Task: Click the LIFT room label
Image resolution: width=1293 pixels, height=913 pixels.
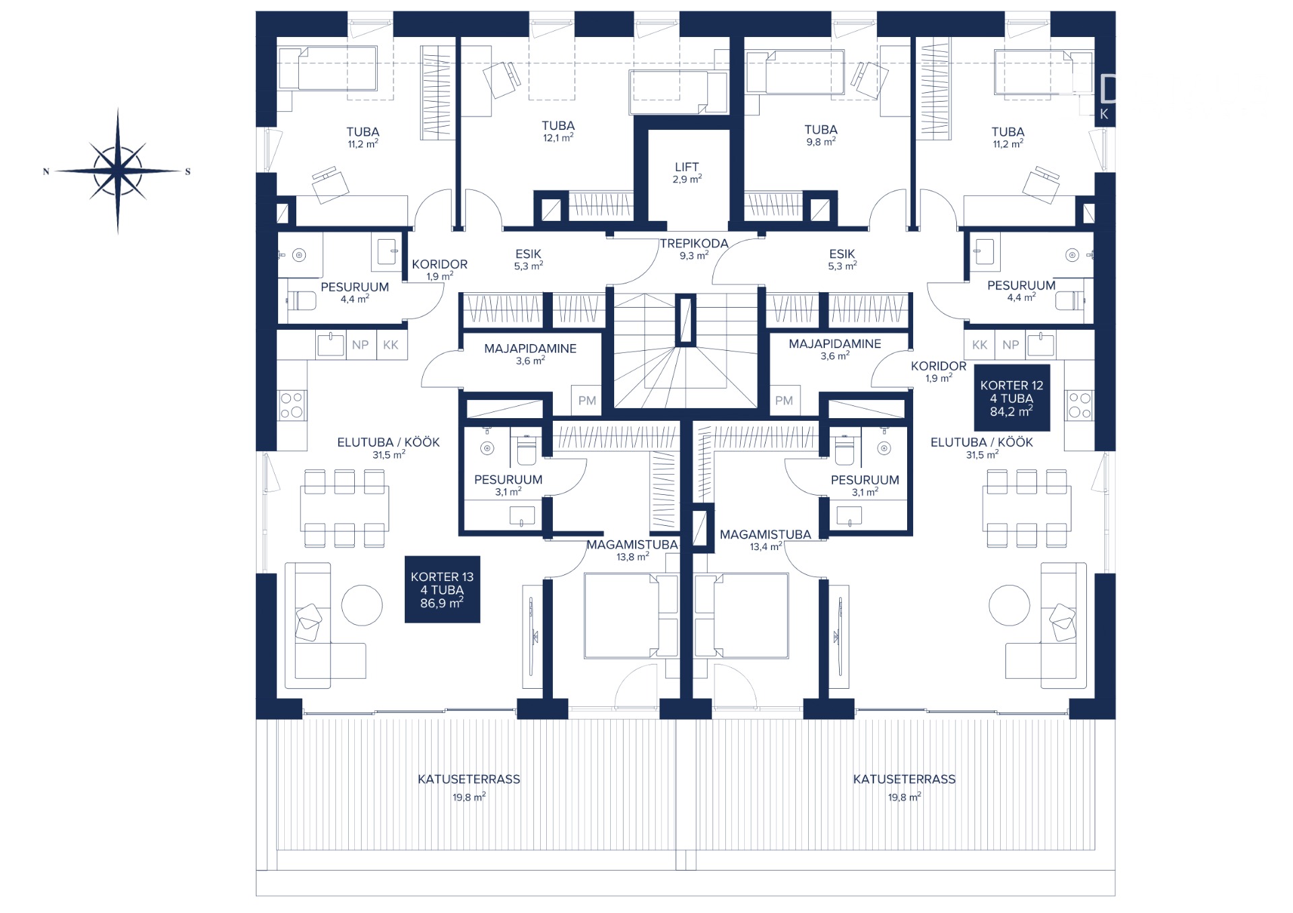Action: point(687,166)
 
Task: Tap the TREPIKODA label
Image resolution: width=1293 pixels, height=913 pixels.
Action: point(694,244)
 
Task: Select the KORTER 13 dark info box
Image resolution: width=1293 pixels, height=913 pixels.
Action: point(442,589)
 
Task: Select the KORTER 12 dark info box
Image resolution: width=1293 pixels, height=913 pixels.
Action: point(1012,398)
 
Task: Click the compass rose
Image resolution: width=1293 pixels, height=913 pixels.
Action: point(118,171)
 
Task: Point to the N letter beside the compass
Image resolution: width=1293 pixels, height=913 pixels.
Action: point(46,172)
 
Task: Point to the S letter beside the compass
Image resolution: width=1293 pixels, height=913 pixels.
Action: point(188,172)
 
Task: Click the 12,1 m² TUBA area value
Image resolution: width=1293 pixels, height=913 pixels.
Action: point(558,137)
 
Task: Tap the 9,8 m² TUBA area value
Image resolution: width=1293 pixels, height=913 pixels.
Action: point(821,141)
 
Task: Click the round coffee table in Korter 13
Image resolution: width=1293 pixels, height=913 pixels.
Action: point(362,605)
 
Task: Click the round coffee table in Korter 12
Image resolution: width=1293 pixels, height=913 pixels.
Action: point(1009,605)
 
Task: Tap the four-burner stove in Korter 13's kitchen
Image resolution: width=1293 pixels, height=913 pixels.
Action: point(292,405)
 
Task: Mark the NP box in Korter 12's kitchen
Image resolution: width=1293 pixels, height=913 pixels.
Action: point(1010,345)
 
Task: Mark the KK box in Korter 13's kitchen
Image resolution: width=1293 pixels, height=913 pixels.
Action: point(391,345)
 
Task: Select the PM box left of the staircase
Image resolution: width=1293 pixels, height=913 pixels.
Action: point(587,400)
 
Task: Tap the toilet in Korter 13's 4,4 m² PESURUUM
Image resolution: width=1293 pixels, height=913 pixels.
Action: point(302,300)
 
